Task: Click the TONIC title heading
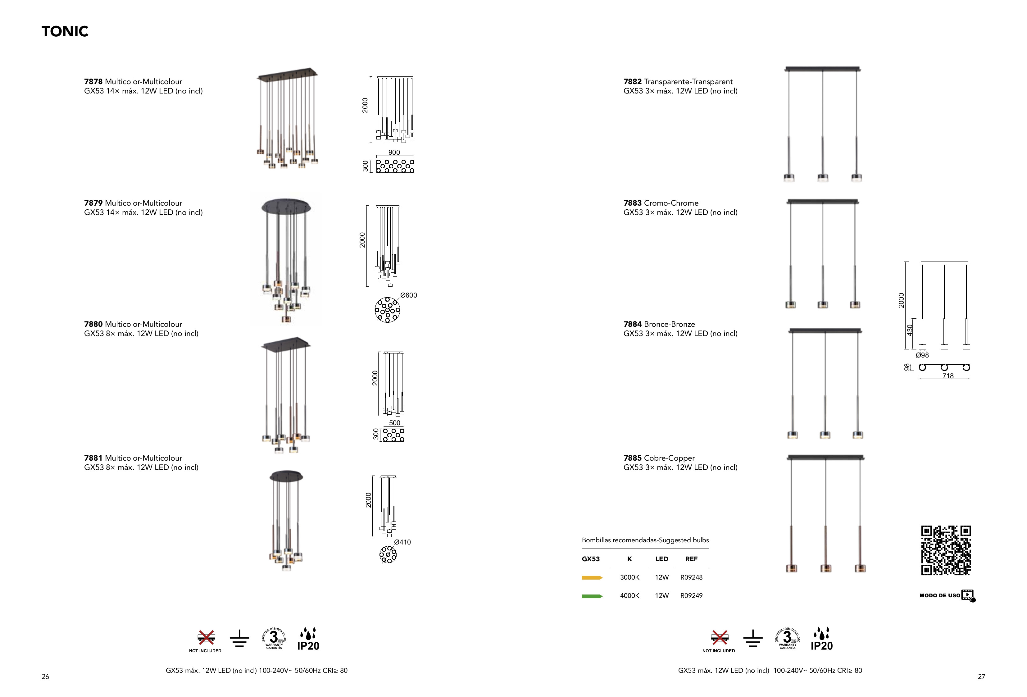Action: (65, 31)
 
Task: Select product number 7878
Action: (93, 82)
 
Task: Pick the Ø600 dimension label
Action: (408, 295)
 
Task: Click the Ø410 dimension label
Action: (402, 542)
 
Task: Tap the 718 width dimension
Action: (948, 376)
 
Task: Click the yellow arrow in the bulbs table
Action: (592, 578)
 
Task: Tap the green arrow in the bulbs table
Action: (592, 596)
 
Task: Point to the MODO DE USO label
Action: (939, 595)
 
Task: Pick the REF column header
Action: (691, 559)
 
